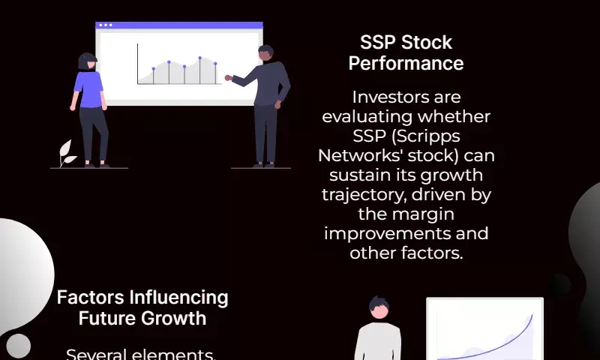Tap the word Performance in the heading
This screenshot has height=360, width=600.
[406, 64]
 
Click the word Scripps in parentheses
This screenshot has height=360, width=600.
[426, 137]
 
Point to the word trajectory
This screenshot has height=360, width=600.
[363, 195]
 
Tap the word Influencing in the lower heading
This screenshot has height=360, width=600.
[178, 298]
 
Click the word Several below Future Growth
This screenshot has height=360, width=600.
[97, 354]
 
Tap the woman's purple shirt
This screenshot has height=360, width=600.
[88, 89]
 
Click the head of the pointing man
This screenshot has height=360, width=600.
[265, 53]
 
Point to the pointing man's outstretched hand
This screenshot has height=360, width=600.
[229, 78]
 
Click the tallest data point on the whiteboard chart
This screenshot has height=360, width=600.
[199, 58]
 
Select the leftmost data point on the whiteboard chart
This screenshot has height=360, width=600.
[154, 69]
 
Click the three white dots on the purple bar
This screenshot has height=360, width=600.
[106, 25]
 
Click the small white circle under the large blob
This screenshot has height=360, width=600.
[18, 346]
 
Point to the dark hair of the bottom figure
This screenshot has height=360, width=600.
[379, 304]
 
